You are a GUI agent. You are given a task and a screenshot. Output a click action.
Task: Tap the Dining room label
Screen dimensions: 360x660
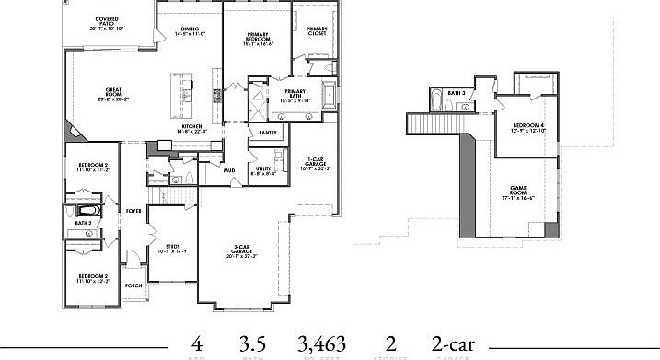190,30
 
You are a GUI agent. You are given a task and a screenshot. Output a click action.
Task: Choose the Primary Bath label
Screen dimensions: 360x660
295,93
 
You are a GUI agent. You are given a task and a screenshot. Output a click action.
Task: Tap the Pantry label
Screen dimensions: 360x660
268,133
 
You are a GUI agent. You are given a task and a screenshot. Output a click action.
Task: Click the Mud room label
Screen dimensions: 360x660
227,169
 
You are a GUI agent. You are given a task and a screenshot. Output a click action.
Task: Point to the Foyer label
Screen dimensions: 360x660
133,211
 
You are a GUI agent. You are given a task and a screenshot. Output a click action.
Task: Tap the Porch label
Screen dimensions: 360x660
133,285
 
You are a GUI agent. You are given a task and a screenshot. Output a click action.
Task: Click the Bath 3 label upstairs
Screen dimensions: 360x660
456,93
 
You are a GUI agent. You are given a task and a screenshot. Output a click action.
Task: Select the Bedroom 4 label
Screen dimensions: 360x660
528,127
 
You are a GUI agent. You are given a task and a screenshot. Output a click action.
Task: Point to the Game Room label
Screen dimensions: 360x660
518,194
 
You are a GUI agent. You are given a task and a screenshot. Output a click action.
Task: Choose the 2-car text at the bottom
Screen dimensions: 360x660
452,343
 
